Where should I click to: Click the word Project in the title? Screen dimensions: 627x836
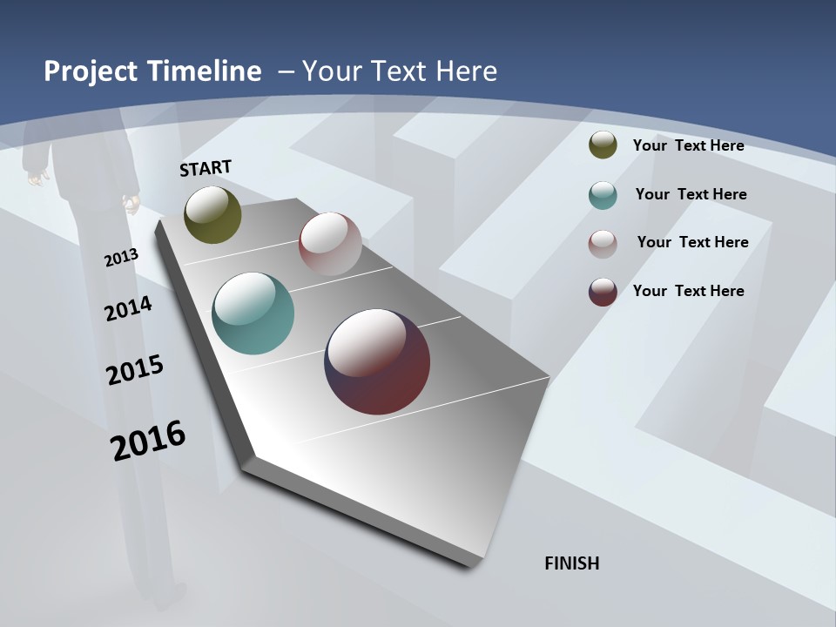point(91,71)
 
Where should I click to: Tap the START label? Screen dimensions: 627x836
point(206,168)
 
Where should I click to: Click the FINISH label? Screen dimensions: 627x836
point(572,563)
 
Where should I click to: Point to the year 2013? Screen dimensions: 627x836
point(121,258)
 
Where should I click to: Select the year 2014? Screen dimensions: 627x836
point(129,308)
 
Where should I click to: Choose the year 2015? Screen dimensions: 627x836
point(135,370)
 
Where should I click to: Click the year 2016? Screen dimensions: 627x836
point(148,440)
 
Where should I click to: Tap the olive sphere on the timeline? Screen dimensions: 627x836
point(212,215)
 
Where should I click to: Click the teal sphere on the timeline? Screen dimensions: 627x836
point(253,313)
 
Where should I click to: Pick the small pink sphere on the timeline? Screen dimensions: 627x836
point(330,244)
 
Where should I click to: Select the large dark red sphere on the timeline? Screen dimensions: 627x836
point(377,361)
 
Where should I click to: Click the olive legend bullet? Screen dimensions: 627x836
point(603,145)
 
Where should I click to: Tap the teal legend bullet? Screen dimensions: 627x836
point(603,195)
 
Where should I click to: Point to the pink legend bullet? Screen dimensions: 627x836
point(603,243)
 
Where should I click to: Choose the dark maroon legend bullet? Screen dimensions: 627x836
point(603,292)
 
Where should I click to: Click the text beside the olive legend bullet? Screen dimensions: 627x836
point(688,145)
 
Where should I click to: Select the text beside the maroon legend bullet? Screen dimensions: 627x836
point(688,291)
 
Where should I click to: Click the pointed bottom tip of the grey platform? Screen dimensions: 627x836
point(470,563)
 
